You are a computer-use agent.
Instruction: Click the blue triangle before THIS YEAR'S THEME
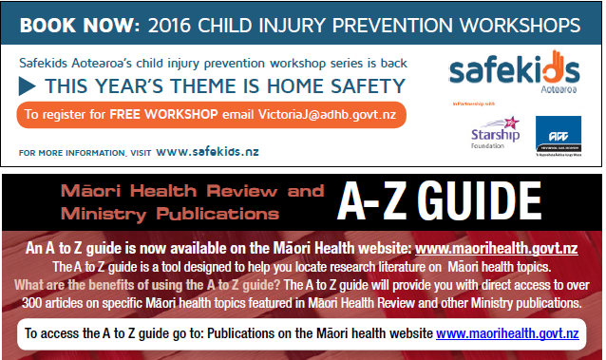[29, 86]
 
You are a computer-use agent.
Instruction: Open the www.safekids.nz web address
[207, 151]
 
